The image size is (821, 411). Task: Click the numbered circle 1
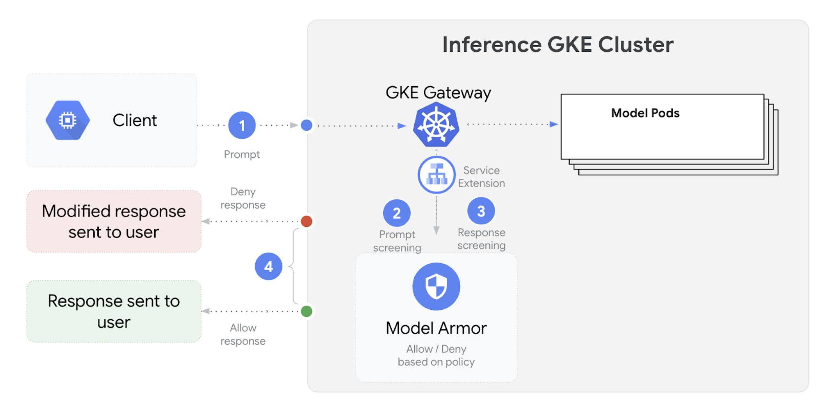coord(241,125)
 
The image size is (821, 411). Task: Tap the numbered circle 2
coord(396,213)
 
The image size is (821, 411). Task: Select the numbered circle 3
coord(481,211)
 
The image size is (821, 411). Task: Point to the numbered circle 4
coord(269,266)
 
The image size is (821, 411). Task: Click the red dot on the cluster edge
coord(306,221)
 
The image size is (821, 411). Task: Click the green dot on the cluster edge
coord(306,311)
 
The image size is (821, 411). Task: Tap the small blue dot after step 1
coord(306,125)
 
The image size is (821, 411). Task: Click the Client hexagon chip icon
coord(68,120)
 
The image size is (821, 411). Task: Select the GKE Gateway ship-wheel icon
coord(436,125)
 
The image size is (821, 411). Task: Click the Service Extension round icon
coord(436,175)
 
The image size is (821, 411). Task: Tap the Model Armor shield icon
coord(436,286)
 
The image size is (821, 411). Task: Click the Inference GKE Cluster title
coord(558,44)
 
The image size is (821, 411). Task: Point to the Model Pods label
coord(645,113)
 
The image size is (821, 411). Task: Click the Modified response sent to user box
coord(114,222)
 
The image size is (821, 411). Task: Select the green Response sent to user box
coord(114,311)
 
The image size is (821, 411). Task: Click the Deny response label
coord(243,198)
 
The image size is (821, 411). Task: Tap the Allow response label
coord(243,334)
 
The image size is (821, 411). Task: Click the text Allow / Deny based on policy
coord(436,355)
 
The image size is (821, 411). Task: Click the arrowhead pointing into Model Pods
coord(554,124)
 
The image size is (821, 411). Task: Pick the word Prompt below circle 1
coord(241,154)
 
